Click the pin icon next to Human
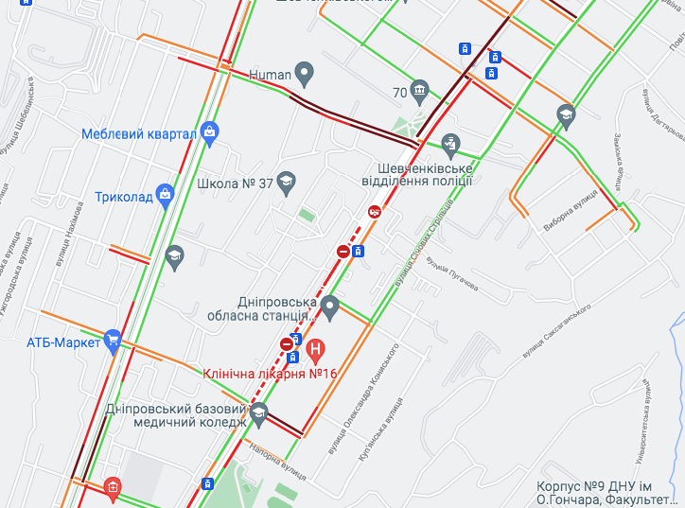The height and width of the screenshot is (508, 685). point(304,72)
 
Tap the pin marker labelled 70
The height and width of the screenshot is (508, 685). point(420,91)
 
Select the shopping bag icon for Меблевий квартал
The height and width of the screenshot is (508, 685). point(210,133)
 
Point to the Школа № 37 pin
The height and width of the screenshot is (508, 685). point(287,183)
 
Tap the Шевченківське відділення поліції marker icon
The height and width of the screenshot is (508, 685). point(451,144)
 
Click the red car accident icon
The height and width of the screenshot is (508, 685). point(376,213)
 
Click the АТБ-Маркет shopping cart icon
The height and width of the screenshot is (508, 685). point(114,341)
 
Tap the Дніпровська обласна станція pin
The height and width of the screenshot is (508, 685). point(329,307)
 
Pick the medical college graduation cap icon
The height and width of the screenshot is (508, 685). point(258,412)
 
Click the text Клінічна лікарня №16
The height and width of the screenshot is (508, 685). point(270,373)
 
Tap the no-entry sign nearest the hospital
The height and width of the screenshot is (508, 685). point(287,343)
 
